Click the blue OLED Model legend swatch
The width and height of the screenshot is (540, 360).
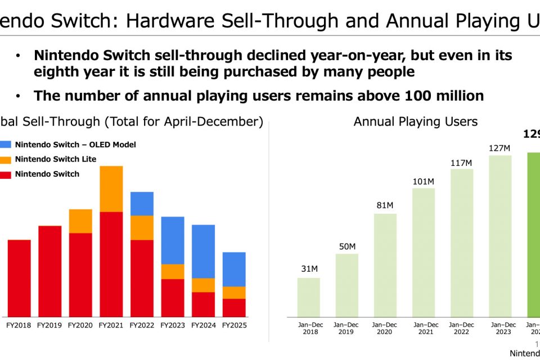tap(6, 145)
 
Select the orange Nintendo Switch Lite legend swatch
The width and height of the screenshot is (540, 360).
tap(6, 159)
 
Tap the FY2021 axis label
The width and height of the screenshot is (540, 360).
tap(111, 325)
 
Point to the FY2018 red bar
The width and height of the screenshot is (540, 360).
tap(19, 278)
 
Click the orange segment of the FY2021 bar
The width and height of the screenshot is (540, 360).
tap(111, 189)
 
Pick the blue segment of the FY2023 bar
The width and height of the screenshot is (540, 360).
tap(172, 240)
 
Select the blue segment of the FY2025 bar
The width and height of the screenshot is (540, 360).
tap(234, 269)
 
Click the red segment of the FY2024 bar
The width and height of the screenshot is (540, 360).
tap(203, 304)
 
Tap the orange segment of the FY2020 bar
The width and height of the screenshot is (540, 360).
tap(80, 221)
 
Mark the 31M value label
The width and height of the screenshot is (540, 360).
tap(309, 269)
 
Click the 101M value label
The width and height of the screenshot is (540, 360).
tap(424, 181)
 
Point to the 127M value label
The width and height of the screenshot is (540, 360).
tap(500, 148)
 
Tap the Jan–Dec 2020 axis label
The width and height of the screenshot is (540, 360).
tap(385, 328)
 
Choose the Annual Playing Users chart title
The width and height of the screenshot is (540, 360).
tap(415, 121)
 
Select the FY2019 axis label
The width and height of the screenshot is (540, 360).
tap(49, 325)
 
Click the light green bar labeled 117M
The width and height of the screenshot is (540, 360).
tap(462, 242)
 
